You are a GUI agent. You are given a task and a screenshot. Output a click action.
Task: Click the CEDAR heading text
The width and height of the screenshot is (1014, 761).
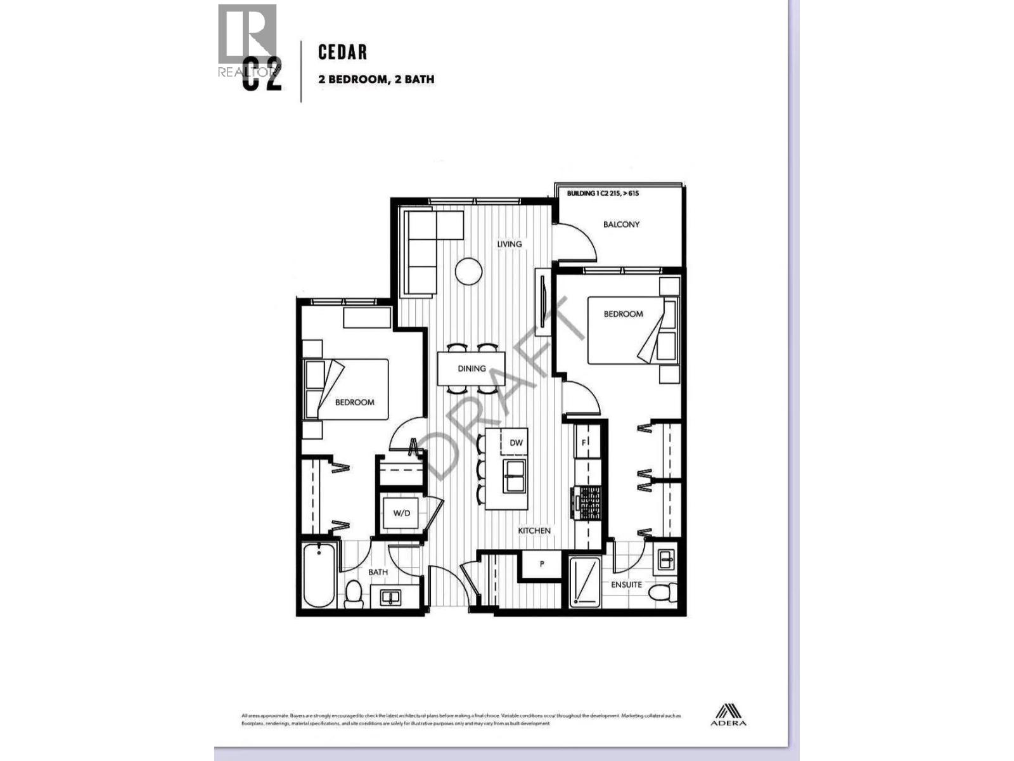(x=342, y=52)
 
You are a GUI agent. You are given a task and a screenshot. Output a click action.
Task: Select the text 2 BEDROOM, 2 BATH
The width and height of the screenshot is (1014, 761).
(x=376, y=79)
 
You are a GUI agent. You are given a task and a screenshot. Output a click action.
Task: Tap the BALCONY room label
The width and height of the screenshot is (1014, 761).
(x=621, y=224)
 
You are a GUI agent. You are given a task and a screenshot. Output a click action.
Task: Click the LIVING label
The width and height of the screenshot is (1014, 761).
(x=510, y=244)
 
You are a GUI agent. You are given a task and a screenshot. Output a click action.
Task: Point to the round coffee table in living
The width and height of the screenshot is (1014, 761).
(x=469, y=271)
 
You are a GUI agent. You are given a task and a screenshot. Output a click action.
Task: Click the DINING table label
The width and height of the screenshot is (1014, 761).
(x=472, y=368)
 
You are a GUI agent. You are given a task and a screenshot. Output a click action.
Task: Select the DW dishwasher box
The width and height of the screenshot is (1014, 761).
(x=516, y=443)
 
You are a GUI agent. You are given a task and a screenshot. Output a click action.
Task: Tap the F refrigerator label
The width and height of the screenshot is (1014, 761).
(x=584, y=443)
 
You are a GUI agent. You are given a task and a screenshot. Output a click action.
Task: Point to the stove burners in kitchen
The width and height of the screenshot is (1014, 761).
(x=588, y=504)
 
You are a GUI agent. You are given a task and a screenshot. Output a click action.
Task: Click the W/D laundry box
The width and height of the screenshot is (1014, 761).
(x=401, y=513)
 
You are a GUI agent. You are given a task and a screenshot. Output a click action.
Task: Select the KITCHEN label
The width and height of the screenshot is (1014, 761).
(x=534, y=531)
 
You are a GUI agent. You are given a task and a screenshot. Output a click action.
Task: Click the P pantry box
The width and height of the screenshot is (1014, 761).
(x=542, y=564)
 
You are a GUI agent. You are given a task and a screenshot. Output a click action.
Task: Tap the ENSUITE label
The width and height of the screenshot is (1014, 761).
(x=626, y=585)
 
